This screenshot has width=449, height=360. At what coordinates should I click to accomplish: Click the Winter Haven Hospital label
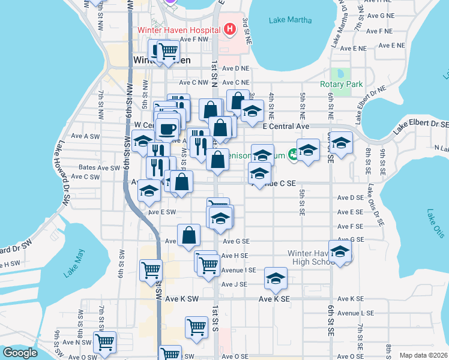click(x=178, y=29)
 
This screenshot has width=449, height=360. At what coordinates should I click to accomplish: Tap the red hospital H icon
click(x=229, y=29)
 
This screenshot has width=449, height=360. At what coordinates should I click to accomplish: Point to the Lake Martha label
click(x=291, y=20)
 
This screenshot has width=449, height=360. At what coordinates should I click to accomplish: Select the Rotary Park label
click(x=341, y=85)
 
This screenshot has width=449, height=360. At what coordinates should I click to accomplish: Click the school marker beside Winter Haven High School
click(x=340, y=253)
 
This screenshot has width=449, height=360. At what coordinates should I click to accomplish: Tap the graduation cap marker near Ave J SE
click(x=276, y=278)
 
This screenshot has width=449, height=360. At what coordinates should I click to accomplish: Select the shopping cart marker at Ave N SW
click(x=105, y=341)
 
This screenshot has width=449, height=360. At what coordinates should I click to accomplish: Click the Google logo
click(x=20, y=353)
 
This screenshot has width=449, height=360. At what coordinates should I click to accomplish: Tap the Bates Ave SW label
click(x=99, y=168)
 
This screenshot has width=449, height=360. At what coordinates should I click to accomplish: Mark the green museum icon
click(x=293, y=154)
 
